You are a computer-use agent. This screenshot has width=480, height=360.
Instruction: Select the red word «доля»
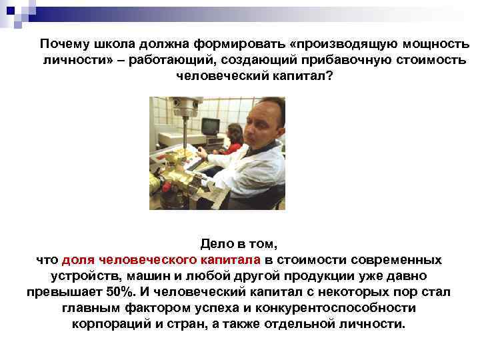(x=79, y=259)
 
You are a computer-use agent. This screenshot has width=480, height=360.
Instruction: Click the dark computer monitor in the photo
(x=211, y=125)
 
